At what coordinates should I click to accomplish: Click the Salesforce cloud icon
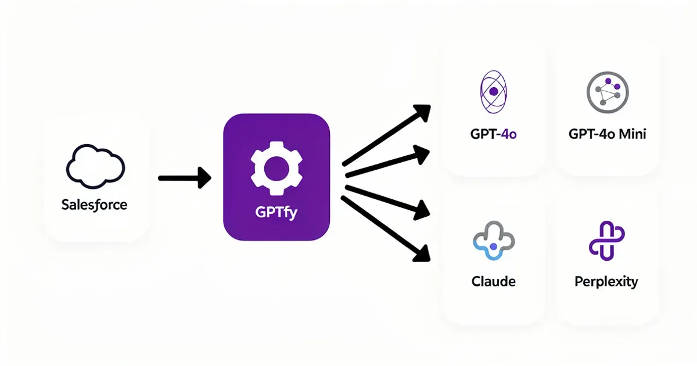[95, 166]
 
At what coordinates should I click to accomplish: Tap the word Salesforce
[94, 204]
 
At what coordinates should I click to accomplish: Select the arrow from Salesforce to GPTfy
[183, 177]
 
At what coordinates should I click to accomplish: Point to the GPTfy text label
[276, 213]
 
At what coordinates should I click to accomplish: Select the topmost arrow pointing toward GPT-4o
[386, 135]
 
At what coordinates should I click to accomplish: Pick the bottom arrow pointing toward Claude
[386, 228]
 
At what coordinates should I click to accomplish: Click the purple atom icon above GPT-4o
[493, 91]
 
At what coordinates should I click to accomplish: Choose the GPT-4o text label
[493, 134]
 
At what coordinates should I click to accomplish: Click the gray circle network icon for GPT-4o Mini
[607, 92]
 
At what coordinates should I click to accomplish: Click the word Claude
[493, 282]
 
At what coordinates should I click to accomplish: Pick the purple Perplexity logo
[606, 240]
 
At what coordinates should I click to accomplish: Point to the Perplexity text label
[606, 282]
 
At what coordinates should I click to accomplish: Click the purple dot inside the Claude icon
[494, 247]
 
